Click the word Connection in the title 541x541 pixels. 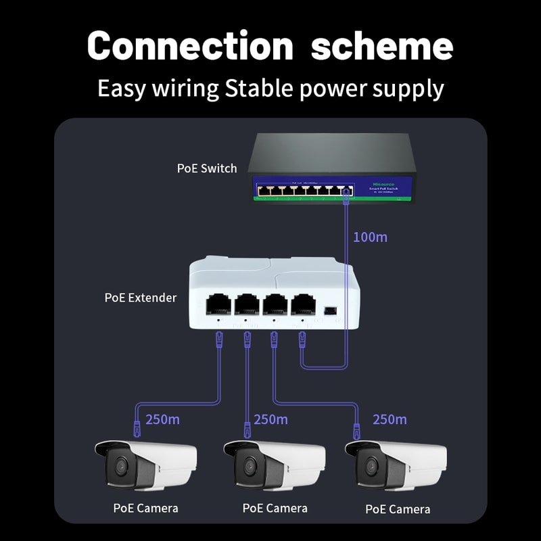tap(190, 46)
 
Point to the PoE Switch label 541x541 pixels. tap(207, 168)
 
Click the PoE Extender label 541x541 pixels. tap(141, 298)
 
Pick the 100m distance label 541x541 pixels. tap(371, 237)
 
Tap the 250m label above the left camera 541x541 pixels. tap(162, 419)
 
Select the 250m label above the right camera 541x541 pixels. tap(390, 419)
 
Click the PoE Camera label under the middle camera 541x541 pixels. tap(275, 508)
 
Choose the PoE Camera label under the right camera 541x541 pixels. tap(398, 509)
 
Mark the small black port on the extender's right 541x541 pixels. tap(329, 310)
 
